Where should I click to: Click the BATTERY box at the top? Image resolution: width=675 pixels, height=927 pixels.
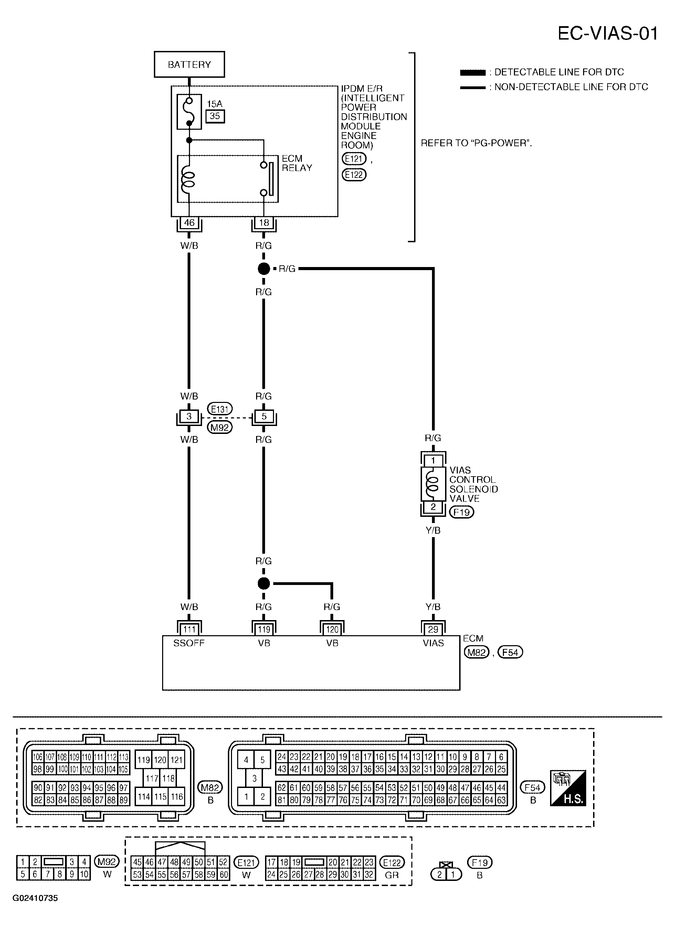click(x=189, y=64)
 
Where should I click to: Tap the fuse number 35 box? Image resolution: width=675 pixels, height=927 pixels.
click(x=215, y=116)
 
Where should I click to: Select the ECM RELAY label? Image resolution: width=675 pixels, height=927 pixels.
click(x=297, y=163)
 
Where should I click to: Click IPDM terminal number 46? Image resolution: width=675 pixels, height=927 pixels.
click(x=189, y=223)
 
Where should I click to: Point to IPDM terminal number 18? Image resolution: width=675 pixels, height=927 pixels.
click(x=264, y=223)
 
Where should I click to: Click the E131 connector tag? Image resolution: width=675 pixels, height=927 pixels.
click(x=220, y=409)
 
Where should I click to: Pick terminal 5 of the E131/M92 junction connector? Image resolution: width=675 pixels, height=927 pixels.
click(x=264, y=416)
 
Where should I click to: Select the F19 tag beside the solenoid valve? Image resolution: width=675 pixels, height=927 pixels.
click(x=462, y=512)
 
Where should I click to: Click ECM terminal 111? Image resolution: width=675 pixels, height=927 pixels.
click(x=189, y=629)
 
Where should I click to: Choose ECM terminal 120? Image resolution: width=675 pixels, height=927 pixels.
click(x=332, y=629)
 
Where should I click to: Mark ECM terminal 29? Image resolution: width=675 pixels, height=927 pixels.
click(x=433, y=629)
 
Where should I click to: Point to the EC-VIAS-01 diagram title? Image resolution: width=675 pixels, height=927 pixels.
click(x=608, y=33)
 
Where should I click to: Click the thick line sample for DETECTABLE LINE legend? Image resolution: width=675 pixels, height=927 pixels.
click(x=473, y=73)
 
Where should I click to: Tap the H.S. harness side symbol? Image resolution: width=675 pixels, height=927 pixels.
click(x=568, y=788)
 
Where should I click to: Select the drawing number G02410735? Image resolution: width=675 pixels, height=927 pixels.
click(x=35, y=898)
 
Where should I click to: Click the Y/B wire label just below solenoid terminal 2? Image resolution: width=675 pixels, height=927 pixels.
click(x=433, y=530)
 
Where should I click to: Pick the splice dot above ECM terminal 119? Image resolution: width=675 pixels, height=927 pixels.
click(x=264, y=583)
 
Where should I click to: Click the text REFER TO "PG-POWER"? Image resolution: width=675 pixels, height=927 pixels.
click(x=476, y=143)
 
